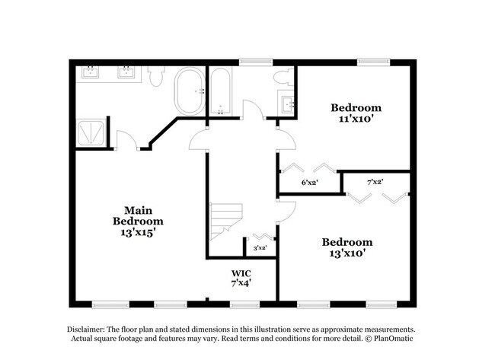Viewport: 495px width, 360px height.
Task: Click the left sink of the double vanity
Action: click(x=89, y=72)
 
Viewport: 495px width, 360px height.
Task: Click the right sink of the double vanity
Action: click(x=125, y=72)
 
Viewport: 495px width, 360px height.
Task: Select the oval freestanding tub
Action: click(x=188, y=91)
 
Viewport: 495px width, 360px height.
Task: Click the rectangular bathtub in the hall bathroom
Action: click(x=220, y=91)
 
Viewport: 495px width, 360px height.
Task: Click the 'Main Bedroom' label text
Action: click(x=138, y=215)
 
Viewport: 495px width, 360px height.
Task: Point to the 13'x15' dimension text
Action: click(x=139, y=233)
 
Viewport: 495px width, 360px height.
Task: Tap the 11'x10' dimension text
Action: click(x=356, y=119)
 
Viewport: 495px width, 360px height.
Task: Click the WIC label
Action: click(x=241, y=272)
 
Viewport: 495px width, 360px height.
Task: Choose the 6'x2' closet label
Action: click(x=309, y=182)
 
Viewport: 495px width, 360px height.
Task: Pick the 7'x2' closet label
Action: click(x=375, y=182)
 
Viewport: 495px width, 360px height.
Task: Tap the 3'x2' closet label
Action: click(x=259, y=247)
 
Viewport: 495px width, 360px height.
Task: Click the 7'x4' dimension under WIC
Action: click(x=241, y=282)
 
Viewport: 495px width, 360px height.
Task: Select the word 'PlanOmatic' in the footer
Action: click(x=398, y=338)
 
